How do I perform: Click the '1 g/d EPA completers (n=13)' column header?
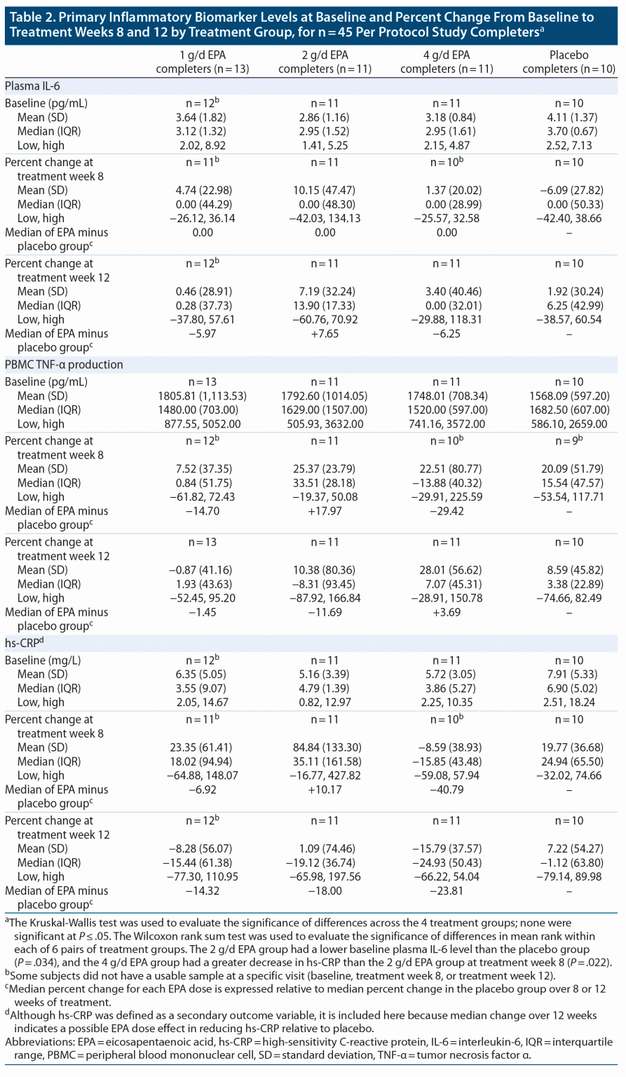[x=203, y=62]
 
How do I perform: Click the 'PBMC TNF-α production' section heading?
[x=64, y=365]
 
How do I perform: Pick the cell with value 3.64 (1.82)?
[x=203, y=117]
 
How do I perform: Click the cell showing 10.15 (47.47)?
[x=325, y=190]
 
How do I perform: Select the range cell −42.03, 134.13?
[x=325, y=218]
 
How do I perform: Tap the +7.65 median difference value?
[x=325, y=333]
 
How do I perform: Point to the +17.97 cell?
[x=325, y=510]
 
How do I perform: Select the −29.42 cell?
[x=447, y=510]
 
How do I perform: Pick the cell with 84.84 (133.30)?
[x=325, y=747]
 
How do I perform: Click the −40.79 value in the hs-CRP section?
[x=447, y=789]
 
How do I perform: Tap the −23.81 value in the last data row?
[x=447, y=890]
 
